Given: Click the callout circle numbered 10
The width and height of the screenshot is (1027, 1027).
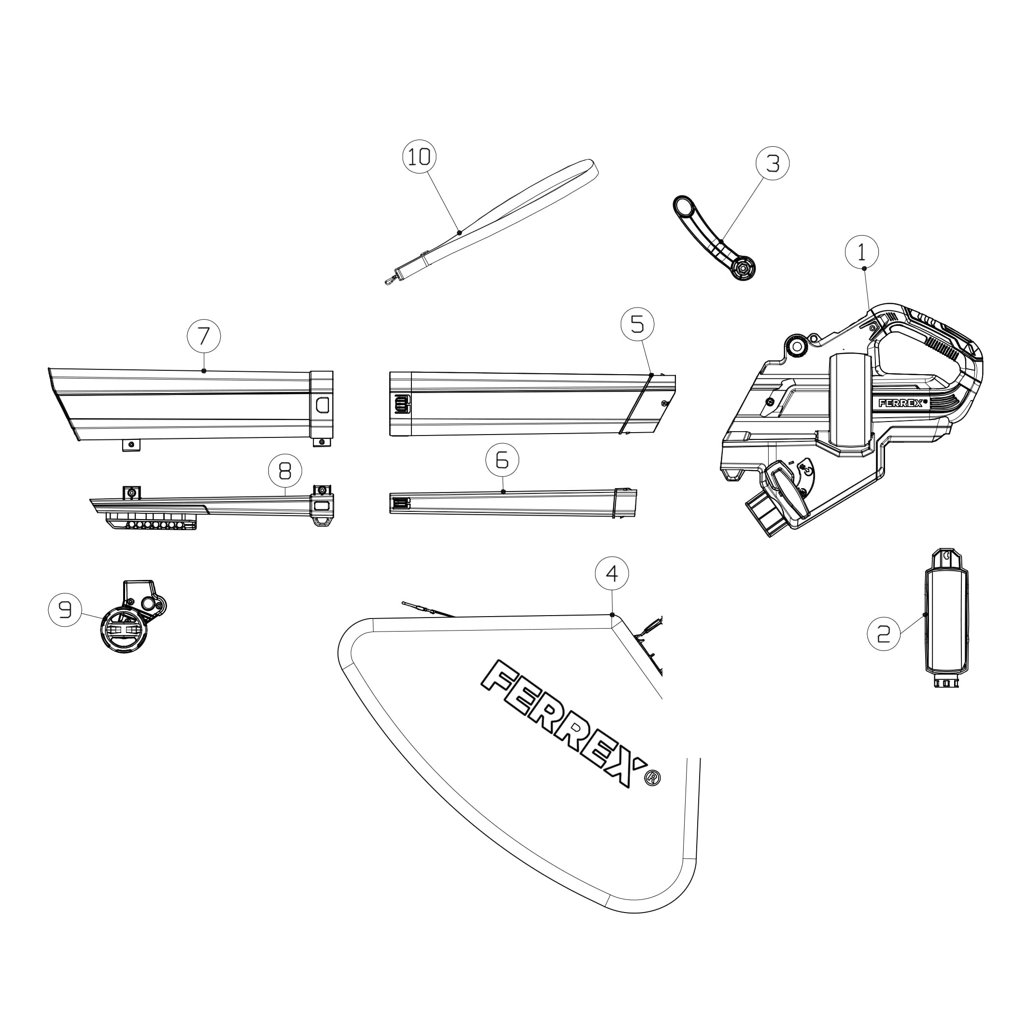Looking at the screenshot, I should coord(420,157).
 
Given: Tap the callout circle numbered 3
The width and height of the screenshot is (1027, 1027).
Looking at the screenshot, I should coord(773,163).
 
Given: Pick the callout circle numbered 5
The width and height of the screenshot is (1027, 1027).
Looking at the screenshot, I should coord(637,324).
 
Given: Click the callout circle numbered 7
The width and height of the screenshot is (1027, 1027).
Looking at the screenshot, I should coord(204,336).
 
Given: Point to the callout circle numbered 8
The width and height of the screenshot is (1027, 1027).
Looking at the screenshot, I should coord(285,470).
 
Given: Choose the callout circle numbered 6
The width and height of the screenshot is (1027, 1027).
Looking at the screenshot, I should coord(502,460).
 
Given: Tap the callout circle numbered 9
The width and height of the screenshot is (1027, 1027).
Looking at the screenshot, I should coord(65,610).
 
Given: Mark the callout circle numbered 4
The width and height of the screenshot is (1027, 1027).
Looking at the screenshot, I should coord(612,574).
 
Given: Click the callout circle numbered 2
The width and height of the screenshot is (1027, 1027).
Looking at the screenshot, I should coord(884,633).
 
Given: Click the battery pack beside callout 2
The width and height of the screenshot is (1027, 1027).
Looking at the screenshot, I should coord(947,619).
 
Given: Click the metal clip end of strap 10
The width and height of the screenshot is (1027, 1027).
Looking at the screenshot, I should coord(391,279).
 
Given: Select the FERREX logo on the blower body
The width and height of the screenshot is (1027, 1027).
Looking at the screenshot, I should coord(902,403).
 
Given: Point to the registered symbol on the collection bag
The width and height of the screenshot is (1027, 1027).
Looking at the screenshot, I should coord(653,778).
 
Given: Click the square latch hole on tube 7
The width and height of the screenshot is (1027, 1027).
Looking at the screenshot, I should coord(322,405).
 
